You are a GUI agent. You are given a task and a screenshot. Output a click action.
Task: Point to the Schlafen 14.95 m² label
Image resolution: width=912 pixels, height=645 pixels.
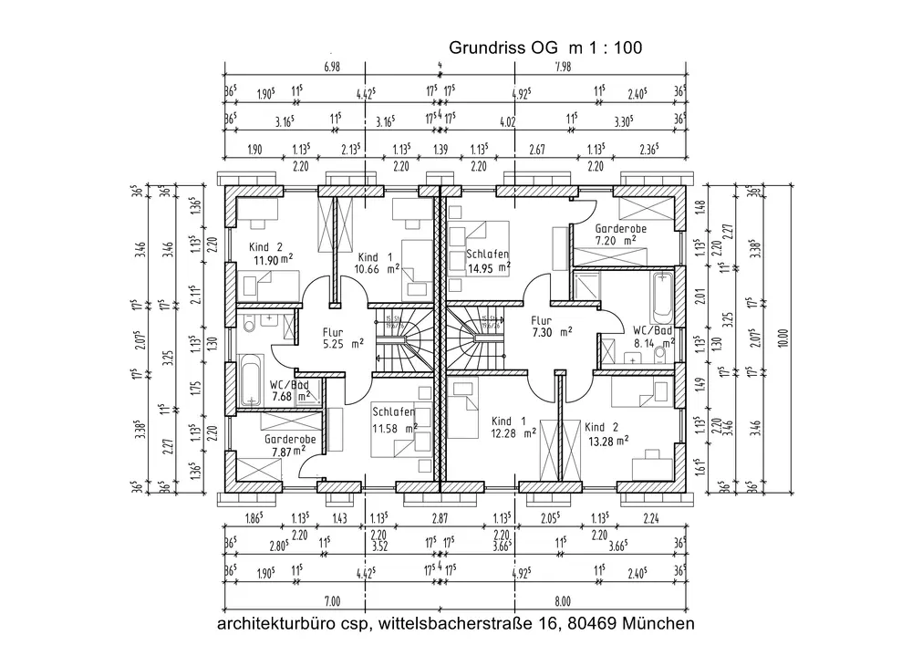[x=487, y=261]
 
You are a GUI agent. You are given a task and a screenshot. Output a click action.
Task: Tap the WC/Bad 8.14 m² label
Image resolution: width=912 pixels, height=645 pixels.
[x=652, y=336]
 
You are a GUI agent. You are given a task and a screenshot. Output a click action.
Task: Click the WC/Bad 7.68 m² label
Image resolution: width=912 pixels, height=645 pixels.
[x=291, y=390]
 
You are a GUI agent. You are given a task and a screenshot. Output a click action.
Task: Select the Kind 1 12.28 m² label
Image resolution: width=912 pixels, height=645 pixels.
[x=513, y=426]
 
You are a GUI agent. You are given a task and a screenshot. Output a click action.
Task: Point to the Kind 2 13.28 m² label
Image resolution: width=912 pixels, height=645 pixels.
[x=607, y=433]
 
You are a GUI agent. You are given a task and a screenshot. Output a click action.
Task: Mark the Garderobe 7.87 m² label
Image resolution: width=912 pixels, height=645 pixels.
[x=290, y=444]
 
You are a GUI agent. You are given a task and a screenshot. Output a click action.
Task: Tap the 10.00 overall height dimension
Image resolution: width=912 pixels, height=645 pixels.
[x=781, y=338]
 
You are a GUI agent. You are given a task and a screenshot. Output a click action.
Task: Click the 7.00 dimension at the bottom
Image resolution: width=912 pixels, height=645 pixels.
[x=331, y=600]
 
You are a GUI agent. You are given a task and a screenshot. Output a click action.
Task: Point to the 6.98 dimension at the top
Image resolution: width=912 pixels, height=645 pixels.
[x=332, y=67]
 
